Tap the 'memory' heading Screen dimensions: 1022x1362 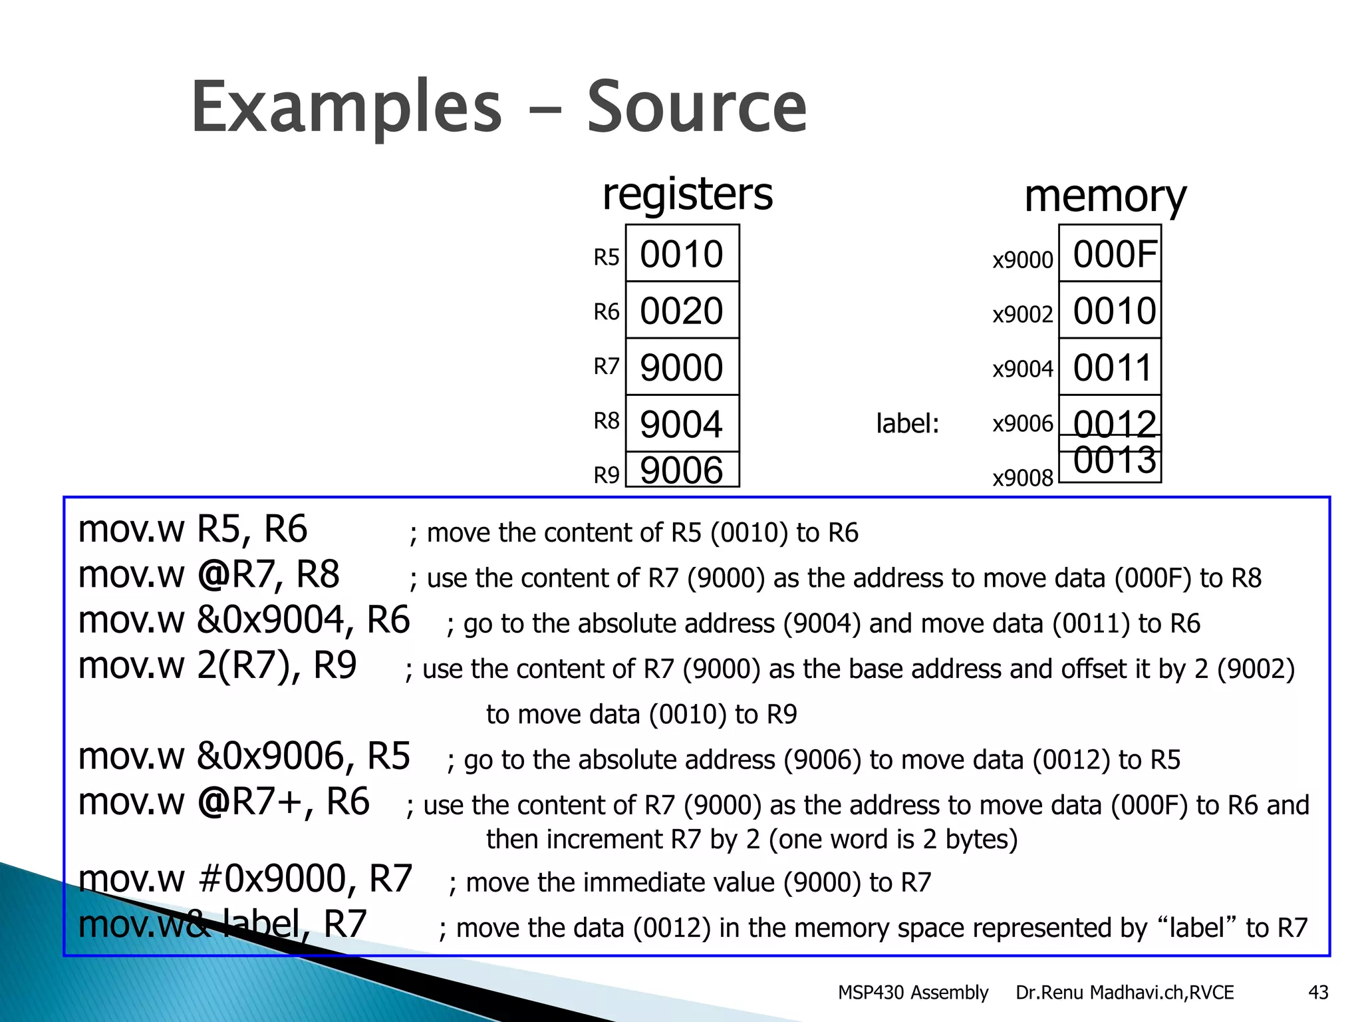click(1105, 196)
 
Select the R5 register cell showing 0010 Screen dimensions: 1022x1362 click(682, 254)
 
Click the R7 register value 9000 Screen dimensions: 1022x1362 click(682, 367)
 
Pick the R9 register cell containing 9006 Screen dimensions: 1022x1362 click(682, 470)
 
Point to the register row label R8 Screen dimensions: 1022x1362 click(606, 421)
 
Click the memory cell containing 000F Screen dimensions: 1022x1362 click(1114, 254)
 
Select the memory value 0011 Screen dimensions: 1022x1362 click(1112, 367)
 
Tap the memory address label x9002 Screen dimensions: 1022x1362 click(1023, 314)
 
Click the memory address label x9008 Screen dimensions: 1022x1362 click(1023, 478)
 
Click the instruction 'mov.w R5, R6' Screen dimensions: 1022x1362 click(193, 530)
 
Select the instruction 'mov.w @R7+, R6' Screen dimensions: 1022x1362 click(223, 802)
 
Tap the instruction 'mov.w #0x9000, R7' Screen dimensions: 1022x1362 click(245, 879)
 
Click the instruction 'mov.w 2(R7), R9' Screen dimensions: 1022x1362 click(217, 665)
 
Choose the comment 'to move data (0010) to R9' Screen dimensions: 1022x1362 click(641, 715)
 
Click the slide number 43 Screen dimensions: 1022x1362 click(1318, 993)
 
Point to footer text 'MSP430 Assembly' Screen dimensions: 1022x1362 click(912, 993)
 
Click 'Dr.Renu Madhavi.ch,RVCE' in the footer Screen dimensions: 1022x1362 click(1124, 993)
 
